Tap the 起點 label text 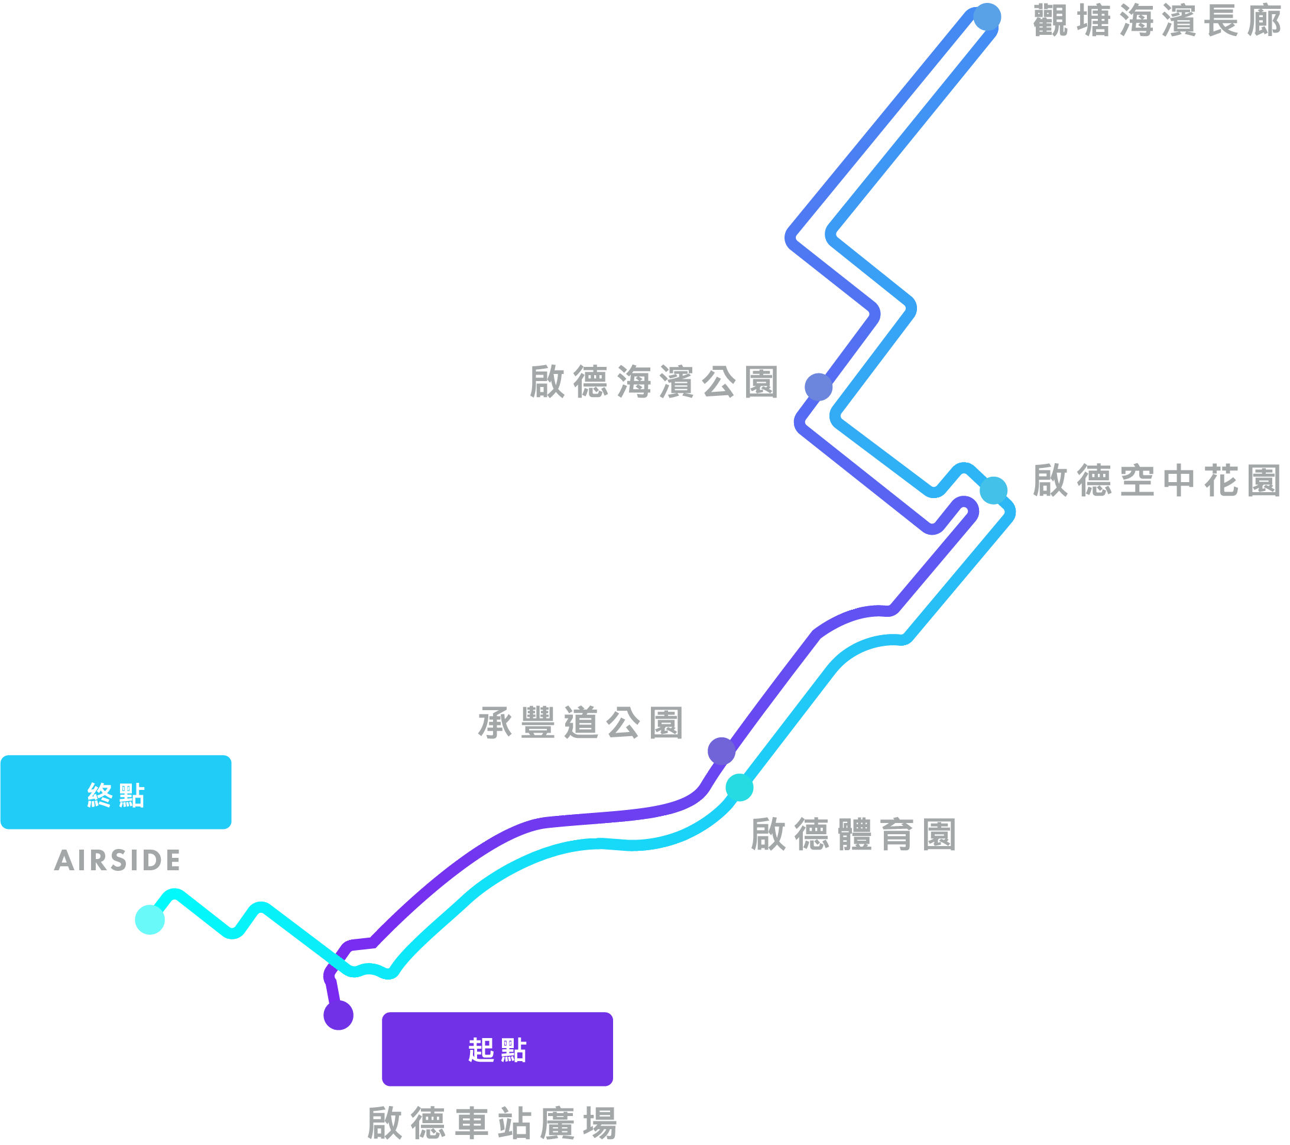[497, 1050]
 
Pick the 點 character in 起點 [513, 1050]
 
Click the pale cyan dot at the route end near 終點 [149, 920]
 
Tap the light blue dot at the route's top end [987, 17]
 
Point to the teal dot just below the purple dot [738, 788]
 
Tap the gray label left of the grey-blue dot [662, 381]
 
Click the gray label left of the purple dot [607, 729]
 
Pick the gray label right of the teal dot [858, 834]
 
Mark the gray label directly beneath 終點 [252, 868]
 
